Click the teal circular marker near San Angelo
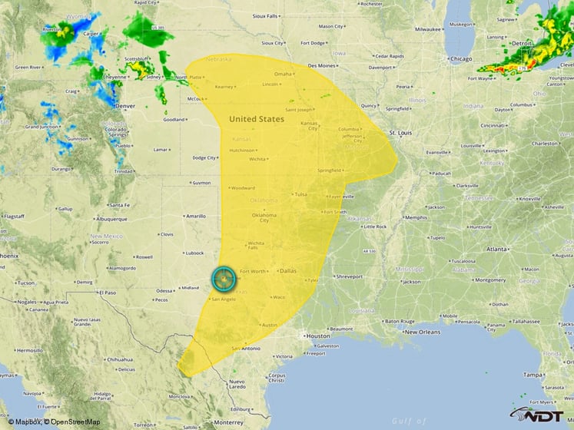(224, 277)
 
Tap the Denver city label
(124, 104)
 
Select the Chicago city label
(461, 58)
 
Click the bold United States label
(257, 119)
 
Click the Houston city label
(317, 336)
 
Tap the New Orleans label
(423, 332)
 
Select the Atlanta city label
(496, 249)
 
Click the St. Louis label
(401, 133)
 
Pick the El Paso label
(106, 293)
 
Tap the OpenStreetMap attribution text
(71, 422)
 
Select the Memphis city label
(416, 217)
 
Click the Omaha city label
(284, 74)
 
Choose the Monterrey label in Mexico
(228, 422)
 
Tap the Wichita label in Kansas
(257, 159)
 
